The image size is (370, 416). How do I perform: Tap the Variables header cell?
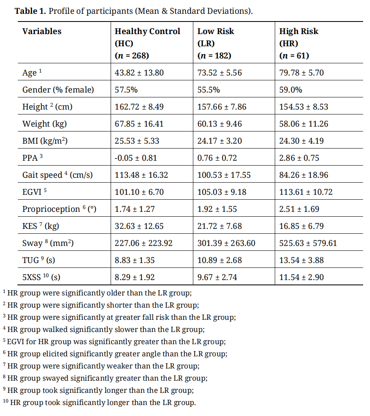click(42, 32)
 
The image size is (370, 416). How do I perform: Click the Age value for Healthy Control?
click(139, 73)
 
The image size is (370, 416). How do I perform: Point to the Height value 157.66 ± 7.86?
click(222, 107)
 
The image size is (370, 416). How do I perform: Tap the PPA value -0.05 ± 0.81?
click(136, 158)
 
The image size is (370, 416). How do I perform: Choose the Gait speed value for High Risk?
click(304, 175)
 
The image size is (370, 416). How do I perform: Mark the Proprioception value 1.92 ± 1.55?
click(217, 209)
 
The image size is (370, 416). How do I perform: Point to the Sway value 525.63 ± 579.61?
click(308, 244)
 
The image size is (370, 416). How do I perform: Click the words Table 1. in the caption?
click(30, 11)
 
